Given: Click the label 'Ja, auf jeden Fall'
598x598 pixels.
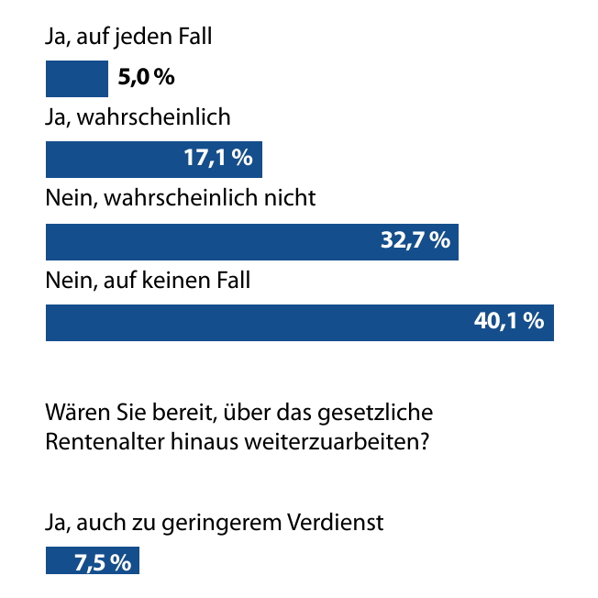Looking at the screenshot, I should pyautogui.click(x=128, y=38).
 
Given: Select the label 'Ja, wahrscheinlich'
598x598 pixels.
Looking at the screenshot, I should pyautogui.click(x=138, y=118).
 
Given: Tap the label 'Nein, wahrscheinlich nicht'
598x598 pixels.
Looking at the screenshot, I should pyautogui.click(x=181, y=199).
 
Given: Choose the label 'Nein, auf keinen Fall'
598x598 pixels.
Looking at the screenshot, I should pyautogui.click(x=148, y=280).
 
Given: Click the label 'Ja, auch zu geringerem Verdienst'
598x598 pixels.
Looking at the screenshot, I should pyautogui.click(x=214, y=524).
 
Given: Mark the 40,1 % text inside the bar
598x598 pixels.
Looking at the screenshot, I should pyautogui.click(x=509, y=322).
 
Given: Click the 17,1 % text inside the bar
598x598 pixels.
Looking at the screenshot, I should pyautogui.click(x=217, y=159).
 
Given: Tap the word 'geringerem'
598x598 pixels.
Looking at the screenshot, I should pyautogui.click(x=237, y=525).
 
